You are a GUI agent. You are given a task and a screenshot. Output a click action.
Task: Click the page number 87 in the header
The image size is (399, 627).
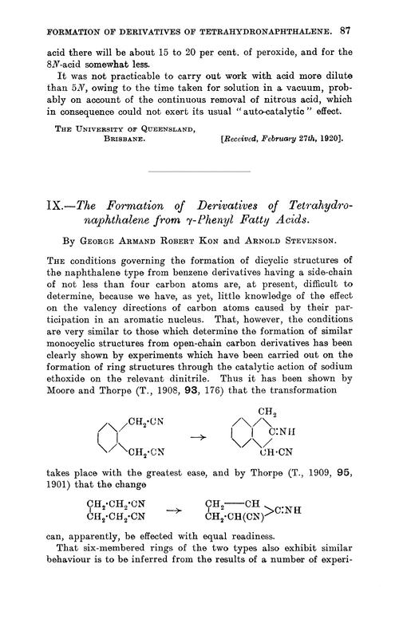pyautogui.click(x=366, y=11)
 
